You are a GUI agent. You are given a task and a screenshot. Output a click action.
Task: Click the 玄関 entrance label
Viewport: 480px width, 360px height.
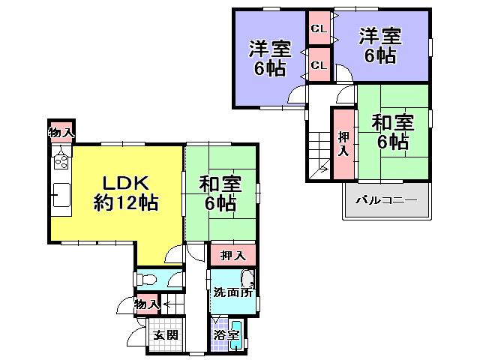tap(165, 334)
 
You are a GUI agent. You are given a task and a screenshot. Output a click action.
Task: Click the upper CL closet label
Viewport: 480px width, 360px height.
tap(318, 29)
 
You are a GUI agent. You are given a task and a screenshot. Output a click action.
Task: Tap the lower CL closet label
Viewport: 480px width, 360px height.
tap(318, 65)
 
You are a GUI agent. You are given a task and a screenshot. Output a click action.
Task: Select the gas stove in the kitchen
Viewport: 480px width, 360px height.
tap(61, 159)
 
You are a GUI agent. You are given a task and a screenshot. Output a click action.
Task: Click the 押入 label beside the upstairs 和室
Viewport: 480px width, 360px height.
tap(343, 143)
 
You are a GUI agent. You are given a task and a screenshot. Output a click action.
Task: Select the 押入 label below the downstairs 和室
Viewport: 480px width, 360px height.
tap(232, 256)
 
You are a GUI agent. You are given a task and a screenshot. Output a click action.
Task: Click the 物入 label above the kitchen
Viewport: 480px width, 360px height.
tap(61, 133)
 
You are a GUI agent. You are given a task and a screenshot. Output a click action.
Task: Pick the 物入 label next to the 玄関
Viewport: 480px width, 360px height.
tap(147, 304)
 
